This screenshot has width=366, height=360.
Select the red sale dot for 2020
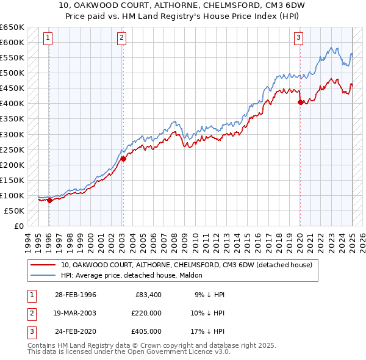point(300,102)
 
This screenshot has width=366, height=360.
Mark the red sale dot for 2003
point(123,159)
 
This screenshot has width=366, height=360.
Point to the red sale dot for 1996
point(49,200)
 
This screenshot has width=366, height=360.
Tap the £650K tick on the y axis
point(12,27)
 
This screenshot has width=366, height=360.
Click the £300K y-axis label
point(12,134)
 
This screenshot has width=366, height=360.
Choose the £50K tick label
point(15,211)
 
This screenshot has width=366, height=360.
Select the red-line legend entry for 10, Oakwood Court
point(186,265)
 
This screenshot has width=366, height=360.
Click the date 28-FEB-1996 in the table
point(76,295)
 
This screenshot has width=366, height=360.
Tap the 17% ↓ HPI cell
point(209,331)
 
